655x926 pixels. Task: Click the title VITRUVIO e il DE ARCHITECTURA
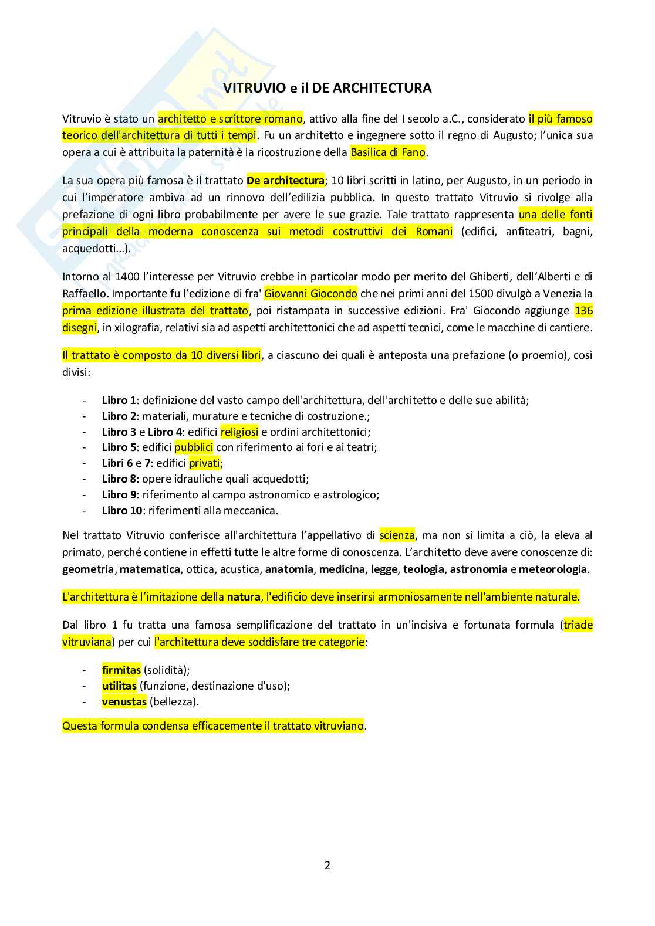(327, 88)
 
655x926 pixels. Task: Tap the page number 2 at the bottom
(327, 865)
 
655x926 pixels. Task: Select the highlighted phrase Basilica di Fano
(388, 152)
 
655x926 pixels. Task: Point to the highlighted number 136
(583, 310)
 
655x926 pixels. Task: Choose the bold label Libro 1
(119, 401)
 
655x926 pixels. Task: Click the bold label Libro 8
(119, 479)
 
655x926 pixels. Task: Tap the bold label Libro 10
(122, 511)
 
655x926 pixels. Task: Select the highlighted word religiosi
(239, 432)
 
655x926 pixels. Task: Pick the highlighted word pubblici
(194, 447)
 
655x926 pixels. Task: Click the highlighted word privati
(204, 463)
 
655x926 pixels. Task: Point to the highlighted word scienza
(397, 535)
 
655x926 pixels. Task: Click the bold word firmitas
(121, 670)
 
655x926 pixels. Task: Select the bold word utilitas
(119, 686)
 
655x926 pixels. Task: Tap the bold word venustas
(124, 702)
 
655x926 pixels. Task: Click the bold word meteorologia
(553, 569)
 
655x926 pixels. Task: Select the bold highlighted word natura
(244, 597)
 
